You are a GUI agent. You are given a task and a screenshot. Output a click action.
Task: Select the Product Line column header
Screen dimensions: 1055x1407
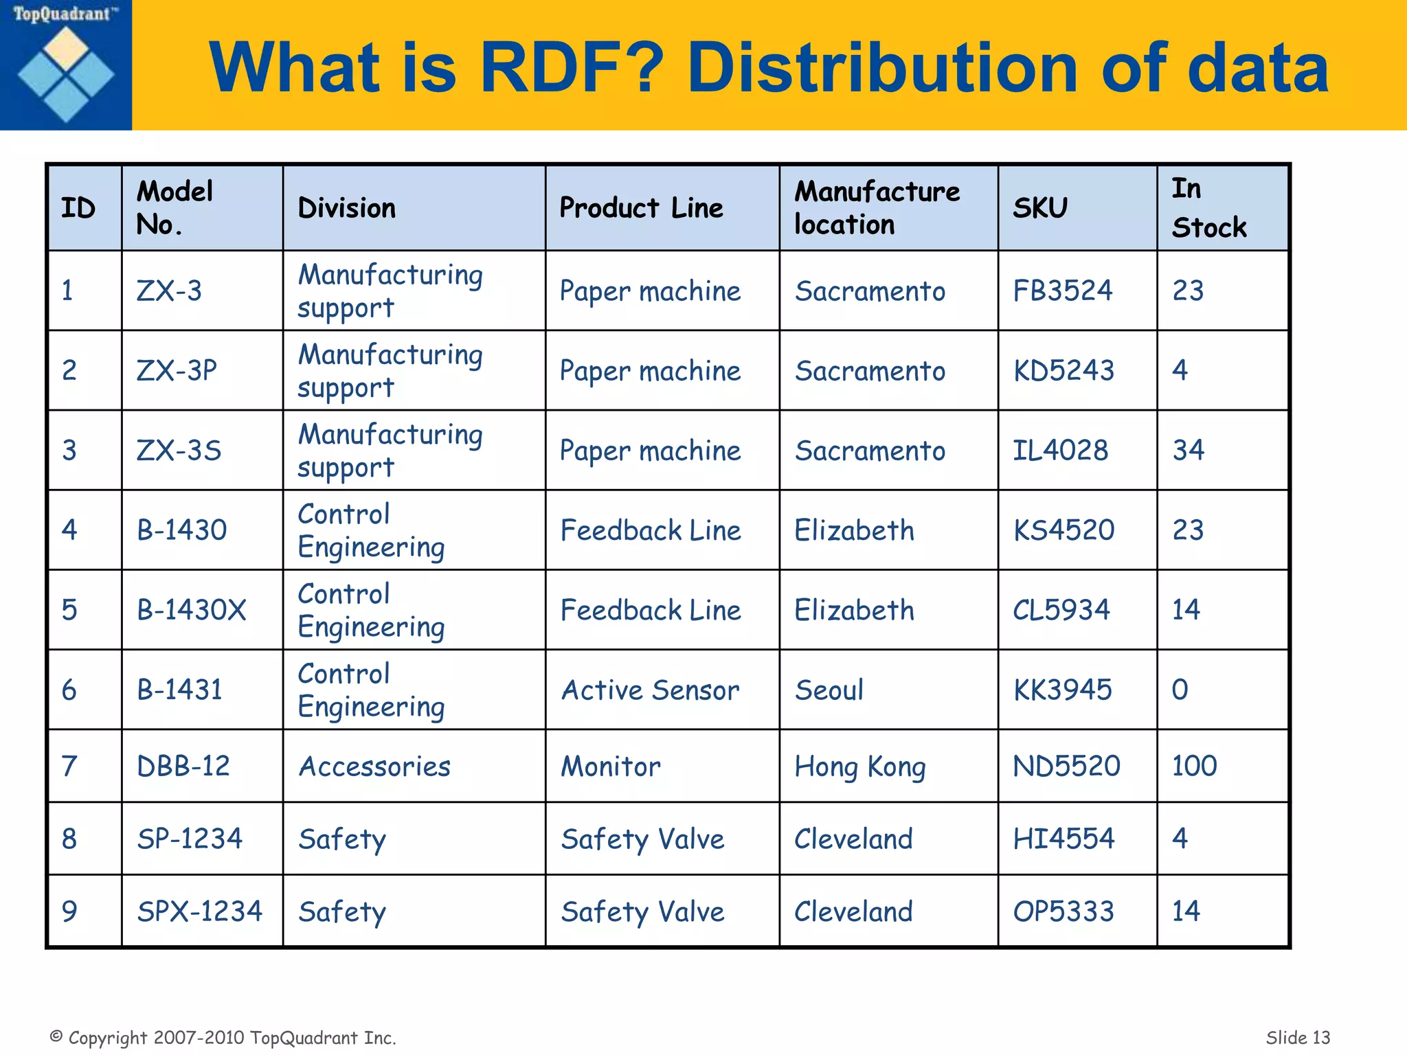pyautogui.click(x=641, y=207)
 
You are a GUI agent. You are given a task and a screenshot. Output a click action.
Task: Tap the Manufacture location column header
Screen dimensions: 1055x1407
pyautogui.click(x=877, y=207)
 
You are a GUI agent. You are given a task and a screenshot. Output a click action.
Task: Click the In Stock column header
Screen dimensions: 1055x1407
pyautogui.click(x=1208, y=207)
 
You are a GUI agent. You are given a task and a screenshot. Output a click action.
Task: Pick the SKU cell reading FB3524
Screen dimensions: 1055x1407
pyautogui.click(x=1062, y=291)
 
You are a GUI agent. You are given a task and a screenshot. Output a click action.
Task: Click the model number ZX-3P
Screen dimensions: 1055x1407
pyautogui.click(x=177, y=371)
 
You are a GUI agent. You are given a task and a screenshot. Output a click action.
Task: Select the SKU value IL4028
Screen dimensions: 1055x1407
pyautogui.click(x=1060, y=451)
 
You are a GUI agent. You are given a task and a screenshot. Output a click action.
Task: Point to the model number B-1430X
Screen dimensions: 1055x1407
pyautogui.click(x=191, y=610)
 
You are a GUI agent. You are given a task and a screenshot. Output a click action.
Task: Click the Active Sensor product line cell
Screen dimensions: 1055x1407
pyautogui.click(x=650, y=690)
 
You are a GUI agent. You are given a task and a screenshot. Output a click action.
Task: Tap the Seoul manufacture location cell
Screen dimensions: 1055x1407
pyautogui.click(x=829, y=690)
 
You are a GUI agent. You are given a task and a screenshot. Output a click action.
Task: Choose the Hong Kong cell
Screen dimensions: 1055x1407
pyautogui.click(x=859, y=767)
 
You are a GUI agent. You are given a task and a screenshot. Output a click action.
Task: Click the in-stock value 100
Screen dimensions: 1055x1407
pyautogui.click(x=1194, y=766)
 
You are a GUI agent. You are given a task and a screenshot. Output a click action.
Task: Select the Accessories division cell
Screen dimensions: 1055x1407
pyautogui.click(x=374, y=767)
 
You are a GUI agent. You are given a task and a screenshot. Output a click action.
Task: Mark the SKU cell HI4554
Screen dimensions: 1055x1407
pyautogui.click(x=1063, y=839)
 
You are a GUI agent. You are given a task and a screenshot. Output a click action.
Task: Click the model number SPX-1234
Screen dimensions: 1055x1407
pyautogui.click(x=199, y=911)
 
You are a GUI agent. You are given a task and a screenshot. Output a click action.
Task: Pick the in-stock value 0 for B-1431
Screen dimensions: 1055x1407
pyautogui.click(x=1180, y=690)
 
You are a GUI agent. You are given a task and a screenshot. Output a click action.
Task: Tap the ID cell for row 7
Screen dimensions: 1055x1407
pyautogui.click(x=69, y=767)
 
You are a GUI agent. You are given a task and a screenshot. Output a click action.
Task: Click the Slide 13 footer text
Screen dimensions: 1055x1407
pyautogui.click(x=1297, y=1037)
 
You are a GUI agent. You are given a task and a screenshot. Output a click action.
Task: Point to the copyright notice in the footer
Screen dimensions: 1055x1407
pyautogui.click(x=223, y=1037)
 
